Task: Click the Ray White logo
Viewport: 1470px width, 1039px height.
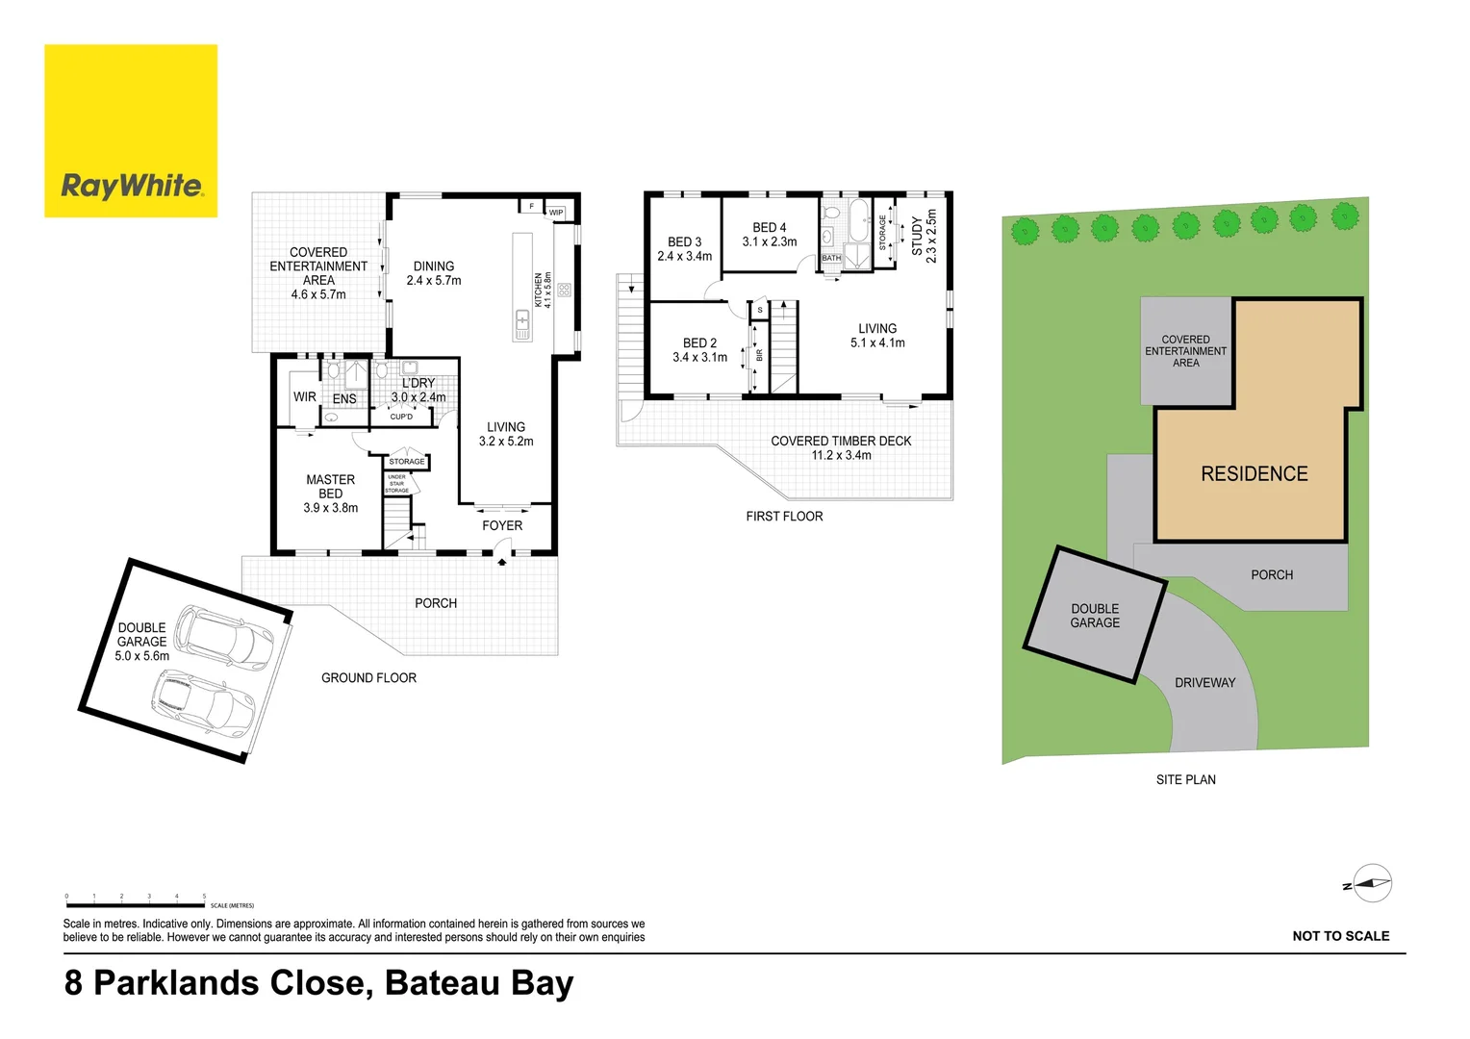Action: click(x=131, y=131)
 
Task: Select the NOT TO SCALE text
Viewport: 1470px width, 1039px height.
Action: click(x=1340, y=936)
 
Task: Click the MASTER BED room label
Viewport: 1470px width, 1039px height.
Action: click(x=330, y=487)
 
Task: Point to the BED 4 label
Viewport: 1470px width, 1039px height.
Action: click(x=770, y=228)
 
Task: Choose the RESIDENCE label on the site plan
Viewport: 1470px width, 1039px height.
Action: click(x=1254, y=474)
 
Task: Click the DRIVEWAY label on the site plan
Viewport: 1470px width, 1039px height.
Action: click(x=1204, y=683)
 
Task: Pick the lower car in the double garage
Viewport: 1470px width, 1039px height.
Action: click(x=204, y=700)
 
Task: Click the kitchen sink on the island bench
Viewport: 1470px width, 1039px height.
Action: click(x=522, y=323)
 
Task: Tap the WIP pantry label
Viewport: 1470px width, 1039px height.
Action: click(x=556, y=213)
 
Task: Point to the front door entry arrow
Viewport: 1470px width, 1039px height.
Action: click(x=501, y=562)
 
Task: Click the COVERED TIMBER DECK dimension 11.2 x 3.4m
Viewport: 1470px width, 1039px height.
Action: click(x=841, y=456)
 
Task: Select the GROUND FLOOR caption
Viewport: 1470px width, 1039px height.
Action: click(x=368, y=678)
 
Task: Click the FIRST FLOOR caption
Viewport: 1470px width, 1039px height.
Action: click(x=784, y=517)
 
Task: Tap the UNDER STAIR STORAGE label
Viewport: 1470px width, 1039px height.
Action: click(x=397, y=484)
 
